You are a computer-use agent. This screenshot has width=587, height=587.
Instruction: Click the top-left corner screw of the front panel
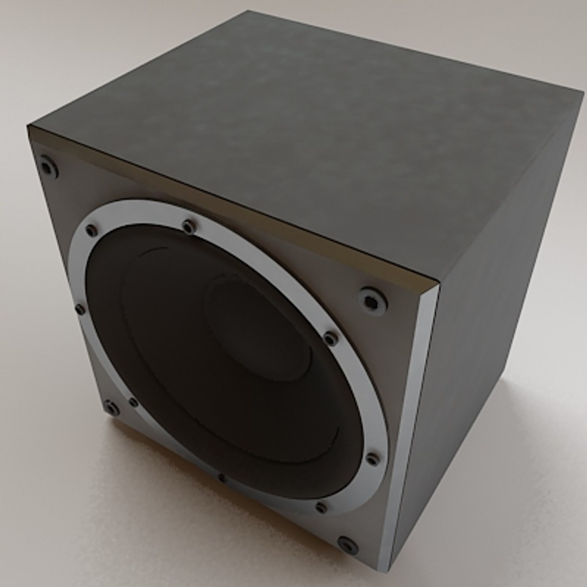(x=48, y=167)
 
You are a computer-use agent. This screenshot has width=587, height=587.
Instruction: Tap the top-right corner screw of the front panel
(x=372, y=300)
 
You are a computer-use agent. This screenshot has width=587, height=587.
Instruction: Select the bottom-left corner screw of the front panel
(x=111, y=408)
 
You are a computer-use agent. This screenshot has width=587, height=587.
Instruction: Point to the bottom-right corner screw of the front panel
(x=347, y=544)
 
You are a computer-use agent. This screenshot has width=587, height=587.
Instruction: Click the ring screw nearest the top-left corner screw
(x=91, y=230)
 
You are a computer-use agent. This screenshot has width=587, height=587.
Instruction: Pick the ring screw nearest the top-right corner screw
(x=330, y=339)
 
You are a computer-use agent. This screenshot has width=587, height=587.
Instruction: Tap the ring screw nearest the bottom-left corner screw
(x=133, y=402)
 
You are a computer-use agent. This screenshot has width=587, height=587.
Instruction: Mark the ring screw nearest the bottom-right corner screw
(x=321, y=508)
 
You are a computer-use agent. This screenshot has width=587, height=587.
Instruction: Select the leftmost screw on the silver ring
(x=80, y=309)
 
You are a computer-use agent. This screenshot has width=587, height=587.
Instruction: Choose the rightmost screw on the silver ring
(x=372, y=459)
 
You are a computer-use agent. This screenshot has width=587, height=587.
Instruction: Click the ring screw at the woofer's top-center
(x=189, y=226)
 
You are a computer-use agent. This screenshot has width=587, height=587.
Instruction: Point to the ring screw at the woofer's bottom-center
(x=222, y=478)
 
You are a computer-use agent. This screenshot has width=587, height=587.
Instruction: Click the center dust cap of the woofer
(x=255, y=326)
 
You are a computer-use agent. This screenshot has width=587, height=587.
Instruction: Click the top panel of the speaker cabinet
(x=304, y=136)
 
